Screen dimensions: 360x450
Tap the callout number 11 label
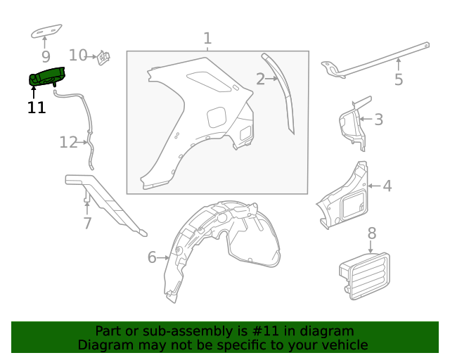point(37,108)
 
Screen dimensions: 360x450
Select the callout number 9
point(46,56)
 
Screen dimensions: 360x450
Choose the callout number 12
point(68,143)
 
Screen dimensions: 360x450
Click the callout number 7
point(87,224)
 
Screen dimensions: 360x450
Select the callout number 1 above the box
point(207,38)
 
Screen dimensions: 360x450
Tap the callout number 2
point(260,79)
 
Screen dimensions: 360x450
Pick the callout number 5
point(399,79)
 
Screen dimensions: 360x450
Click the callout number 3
point(378,120)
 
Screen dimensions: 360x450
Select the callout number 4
point(387,186)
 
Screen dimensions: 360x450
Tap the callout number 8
point(372,233)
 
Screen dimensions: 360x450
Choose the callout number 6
point(152,257)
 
